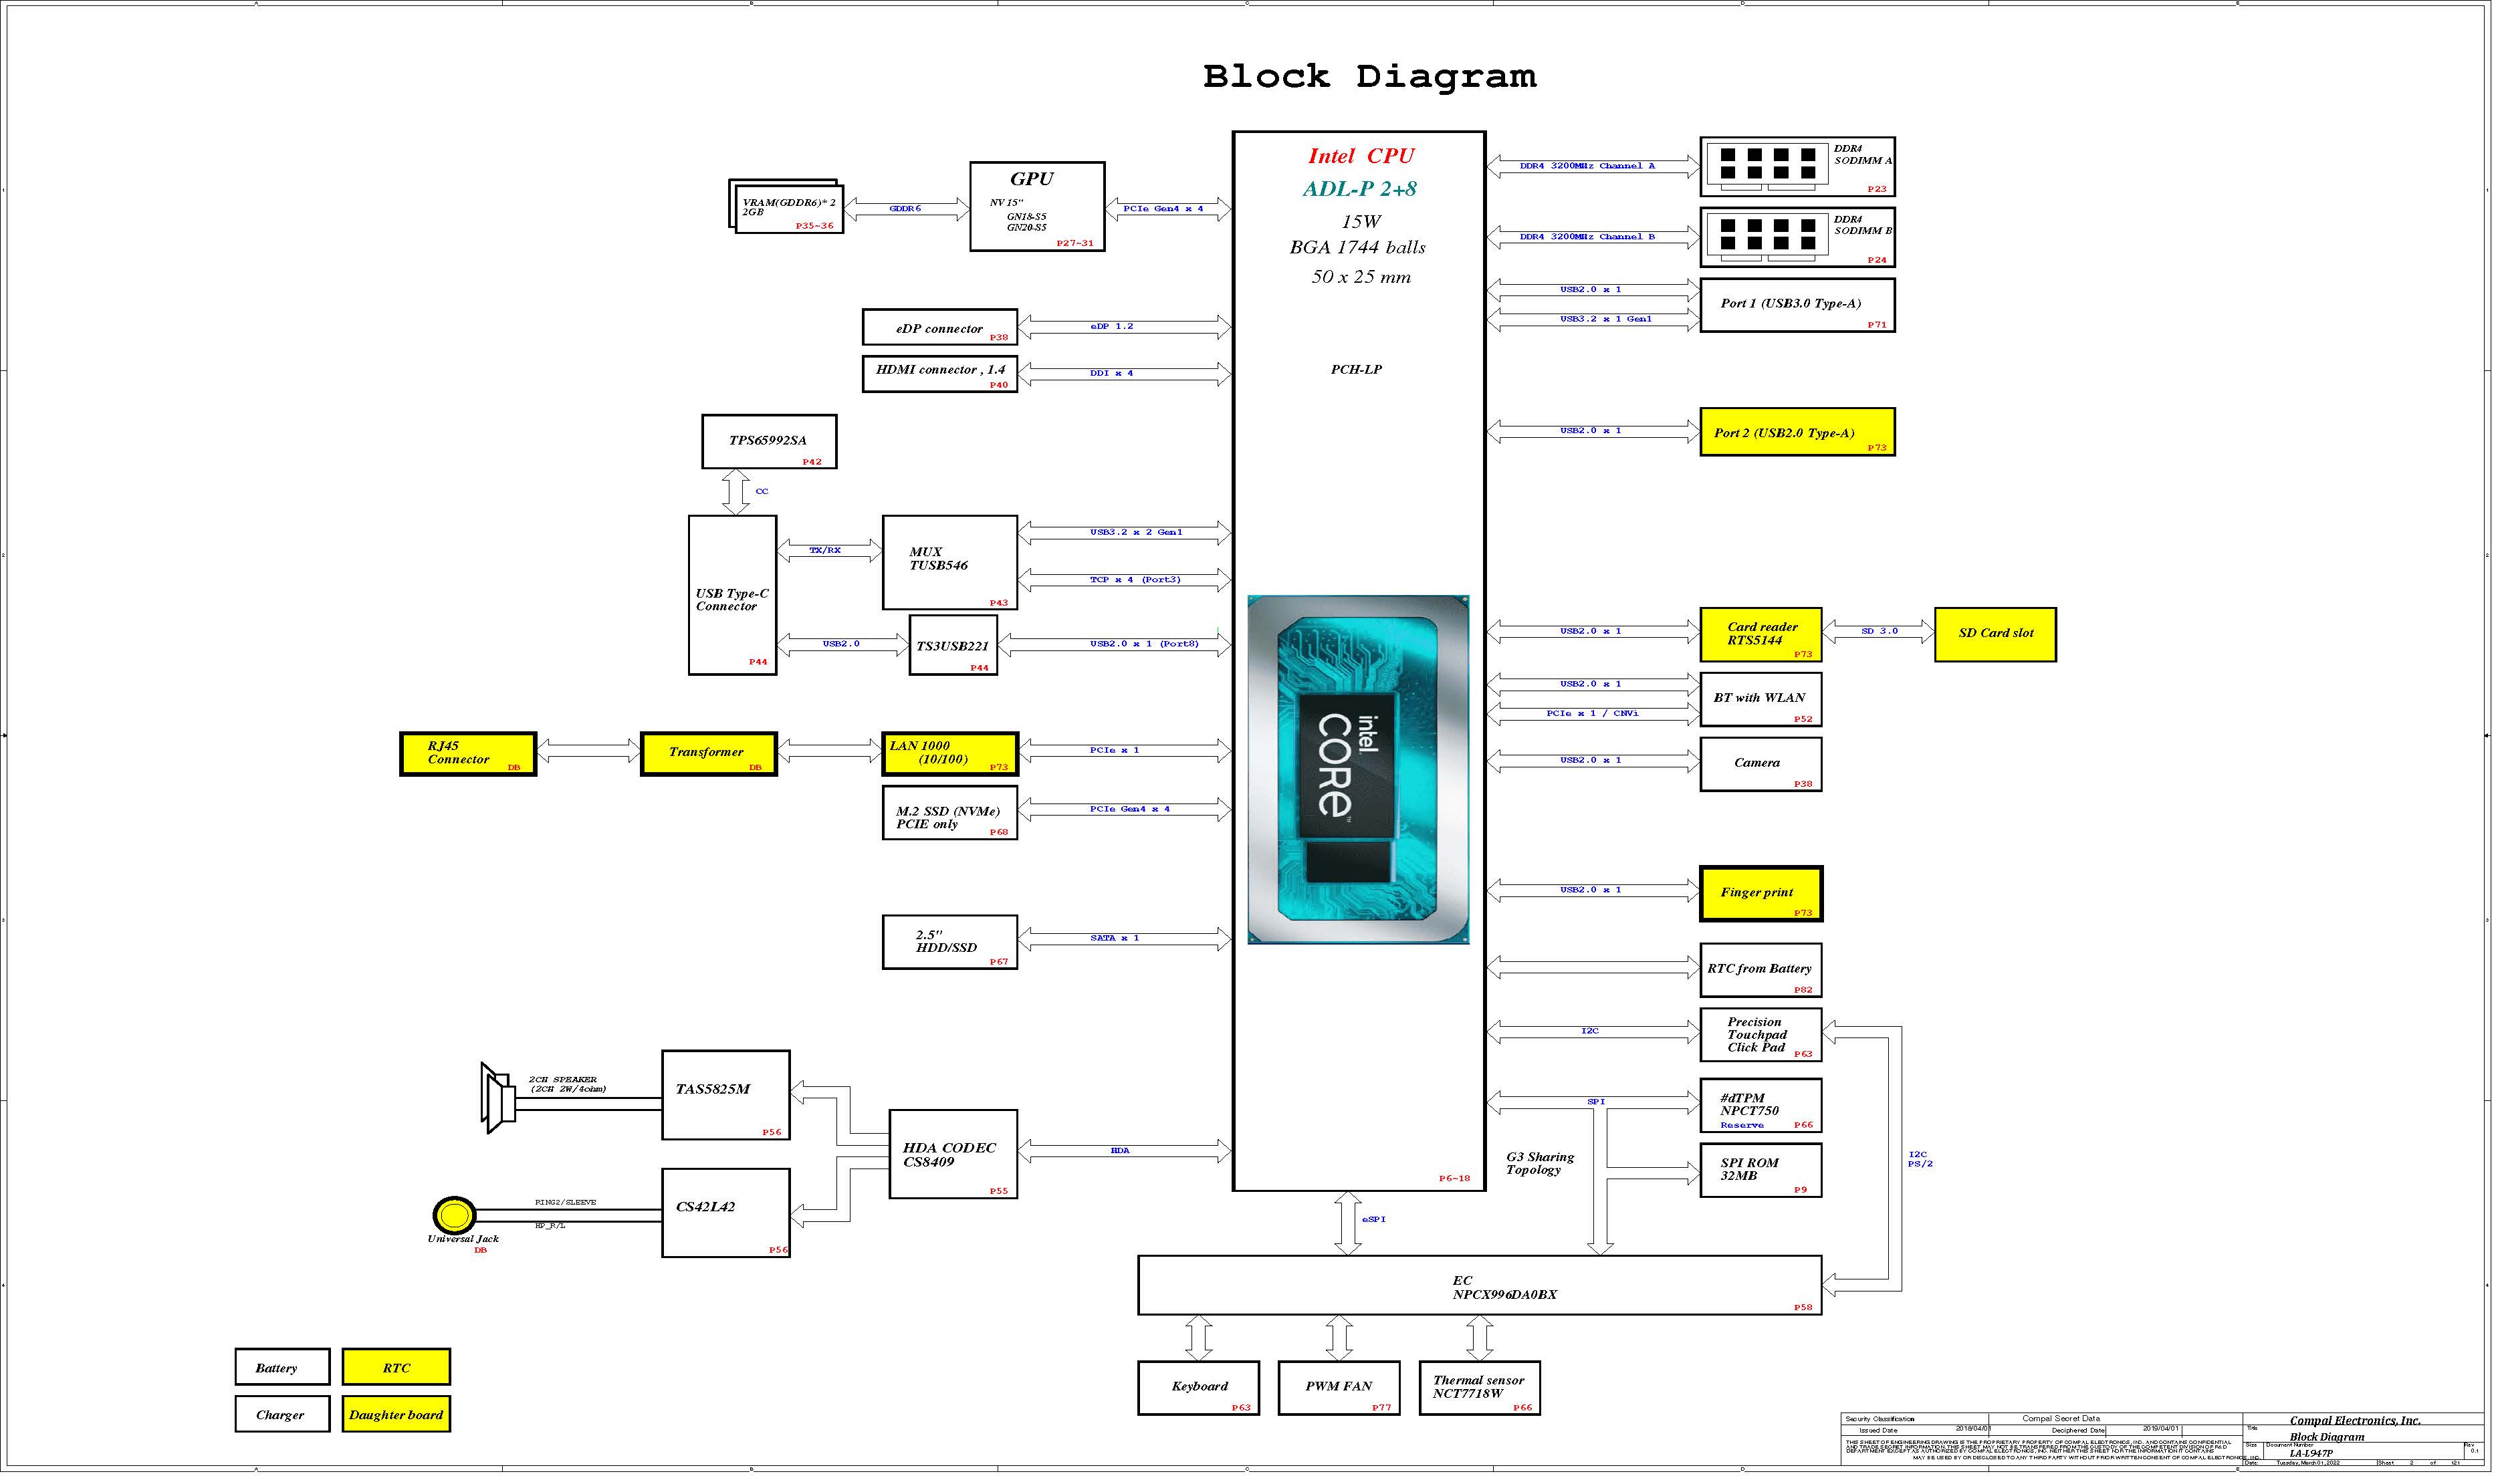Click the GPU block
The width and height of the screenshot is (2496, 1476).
coord(1036,206)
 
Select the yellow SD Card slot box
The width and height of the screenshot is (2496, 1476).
coord(1994,634)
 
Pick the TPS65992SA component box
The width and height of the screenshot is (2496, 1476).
coord(768,441)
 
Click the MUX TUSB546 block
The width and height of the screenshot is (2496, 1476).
coord(949,562)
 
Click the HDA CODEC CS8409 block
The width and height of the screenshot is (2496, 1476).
coord(952,1154)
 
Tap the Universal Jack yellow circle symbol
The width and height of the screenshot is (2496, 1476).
coord(453,1215)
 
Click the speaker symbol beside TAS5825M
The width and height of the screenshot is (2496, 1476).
coord(497,1098)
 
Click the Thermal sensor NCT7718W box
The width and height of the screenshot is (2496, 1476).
coord(1478,1388)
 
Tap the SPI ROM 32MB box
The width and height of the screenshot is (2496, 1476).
coord(1760,1170)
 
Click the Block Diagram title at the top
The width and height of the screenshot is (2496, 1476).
coord(1369,77)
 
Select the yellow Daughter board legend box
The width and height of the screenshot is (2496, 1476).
coord(396,1414)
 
